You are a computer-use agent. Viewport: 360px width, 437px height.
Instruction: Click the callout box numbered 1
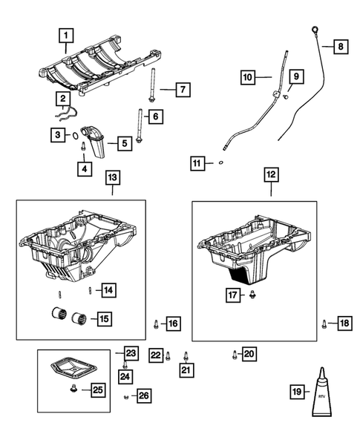pos(67,34)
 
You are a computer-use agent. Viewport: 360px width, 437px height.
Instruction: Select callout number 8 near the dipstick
pos(341,47)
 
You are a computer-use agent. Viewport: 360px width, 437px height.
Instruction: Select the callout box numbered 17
pos(234,295)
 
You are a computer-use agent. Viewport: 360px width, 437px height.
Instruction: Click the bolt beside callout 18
pos(324,322)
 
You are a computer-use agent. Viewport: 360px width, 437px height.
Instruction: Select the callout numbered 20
pos(249,353)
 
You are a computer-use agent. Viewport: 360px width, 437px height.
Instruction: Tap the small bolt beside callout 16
pos(156,323)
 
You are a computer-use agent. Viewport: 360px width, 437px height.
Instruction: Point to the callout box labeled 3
pos(56,135)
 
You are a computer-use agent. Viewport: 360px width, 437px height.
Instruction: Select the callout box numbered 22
pos(156,355)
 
